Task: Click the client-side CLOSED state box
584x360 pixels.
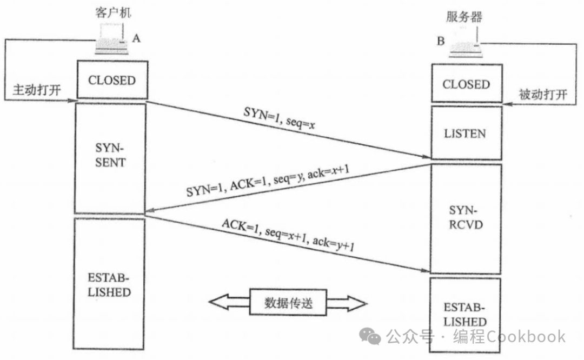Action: (111, 80)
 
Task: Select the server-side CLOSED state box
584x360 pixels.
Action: (466, 84)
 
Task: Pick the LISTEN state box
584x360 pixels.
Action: (466, 133)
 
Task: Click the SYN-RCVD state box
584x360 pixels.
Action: (466, 217)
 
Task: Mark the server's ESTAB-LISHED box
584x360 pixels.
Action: (466, 315)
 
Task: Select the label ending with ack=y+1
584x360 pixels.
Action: (287, 236)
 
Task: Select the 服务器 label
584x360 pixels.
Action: (464, 17)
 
